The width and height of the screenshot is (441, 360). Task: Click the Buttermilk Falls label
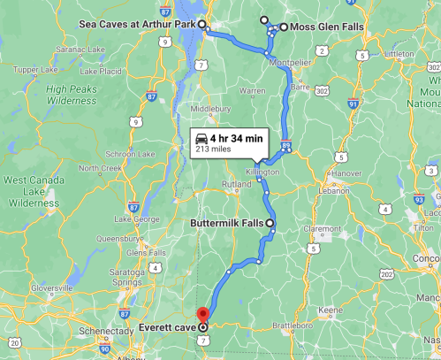tap(227, 223)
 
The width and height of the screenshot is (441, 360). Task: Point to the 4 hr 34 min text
tap(237, 137)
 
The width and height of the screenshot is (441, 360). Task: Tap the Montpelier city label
tap(289, 62)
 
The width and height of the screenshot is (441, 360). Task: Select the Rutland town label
tap(236, 184)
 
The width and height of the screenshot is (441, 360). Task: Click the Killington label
tap(262, 171)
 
